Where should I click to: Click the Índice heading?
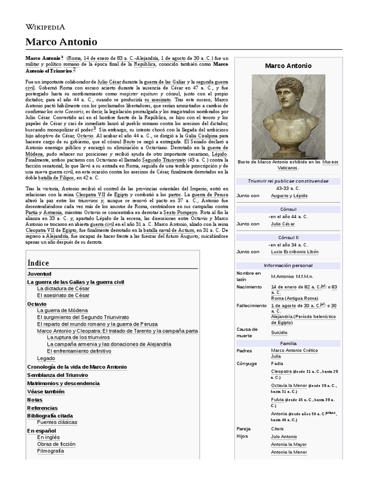pos(38,263)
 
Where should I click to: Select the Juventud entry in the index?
pos(39,274)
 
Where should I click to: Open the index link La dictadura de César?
pos(63,289)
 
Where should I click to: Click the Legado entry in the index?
pos(46,358)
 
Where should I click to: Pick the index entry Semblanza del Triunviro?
pos(57,375)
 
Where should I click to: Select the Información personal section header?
pos(288,265)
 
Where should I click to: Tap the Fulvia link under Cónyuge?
pos(277,399)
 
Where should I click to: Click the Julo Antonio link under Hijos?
pos(284,437)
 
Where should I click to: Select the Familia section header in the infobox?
pos(288,344)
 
